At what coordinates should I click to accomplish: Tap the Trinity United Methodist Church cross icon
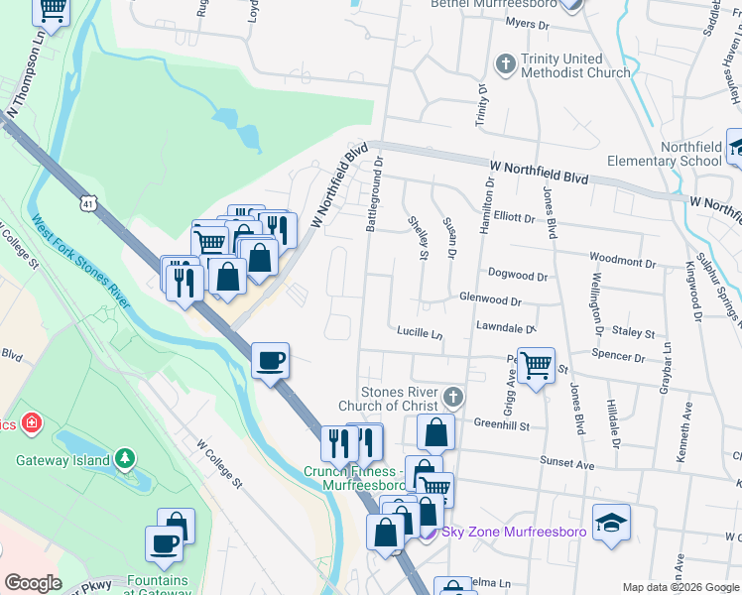click(x=505, y=64)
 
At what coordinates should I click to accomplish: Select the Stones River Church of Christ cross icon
click(x=453, y=397)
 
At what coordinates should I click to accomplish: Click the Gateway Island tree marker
click(x=125, y=459)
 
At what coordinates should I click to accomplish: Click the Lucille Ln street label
click(x=419, y=332)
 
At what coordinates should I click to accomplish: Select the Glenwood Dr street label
click(x=490, y=299)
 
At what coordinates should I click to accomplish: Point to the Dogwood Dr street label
click(x=517, y=275)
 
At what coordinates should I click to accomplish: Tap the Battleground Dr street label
click(x=374, y=200)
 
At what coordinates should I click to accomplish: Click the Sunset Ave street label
click(x=566, y=464)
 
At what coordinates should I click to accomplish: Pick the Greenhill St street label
click(x=502, y=425)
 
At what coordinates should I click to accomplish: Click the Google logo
click(x=33, y=583)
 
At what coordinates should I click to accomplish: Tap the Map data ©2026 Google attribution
click(x=680, y=587)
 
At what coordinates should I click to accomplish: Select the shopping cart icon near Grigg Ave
click(x=536, y=367)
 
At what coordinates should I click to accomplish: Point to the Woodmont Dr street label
click(x=622, y=261)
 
